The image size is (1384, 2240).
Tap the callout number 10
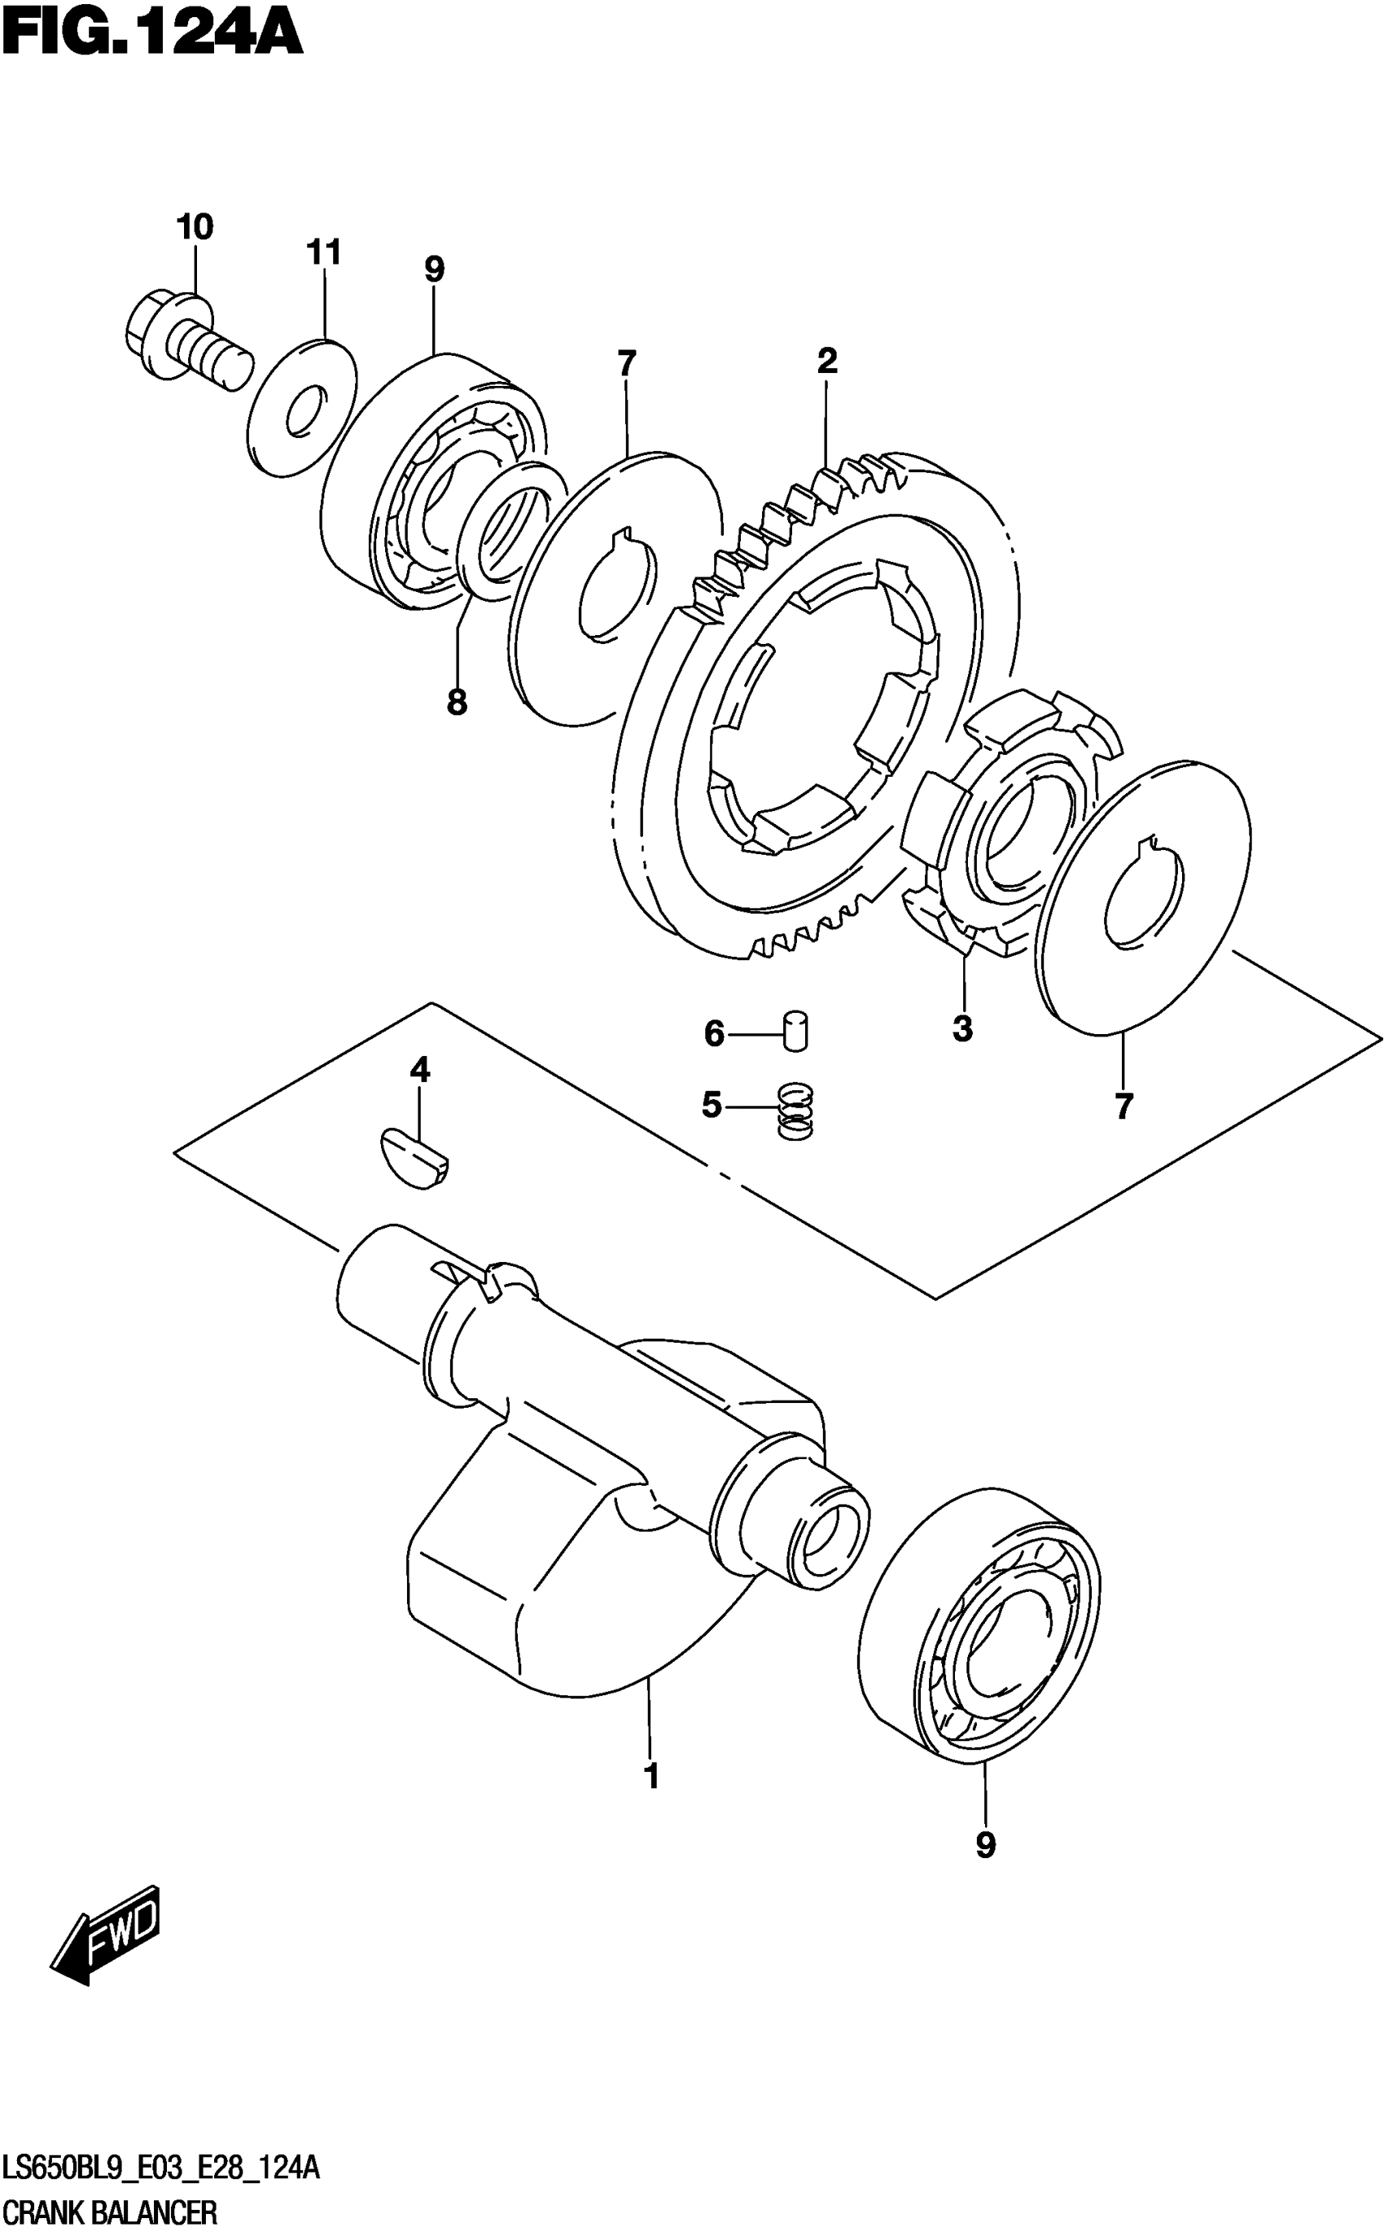pos(194,227)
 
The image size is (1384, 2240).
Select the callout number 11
pos(323,252)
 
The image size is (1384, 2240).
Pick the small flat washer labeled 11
pos(302,407)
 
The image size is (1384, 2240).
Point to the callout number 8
pos(457,702)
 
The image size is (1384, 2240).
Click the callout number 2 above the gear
pos(826,361)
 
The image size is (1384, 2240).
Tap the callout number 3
pos(962,1029)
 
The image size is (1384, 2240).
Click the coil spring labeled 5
pos(795,1111)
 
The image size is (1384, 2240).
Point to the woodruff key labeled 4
pos(415,1159)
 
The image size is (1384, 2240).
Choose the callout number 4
pos(419,1069)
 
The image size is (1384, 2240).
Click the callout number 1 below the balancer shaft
pos(652,1777)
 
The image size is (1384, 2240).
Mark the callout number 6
pos(714,1034)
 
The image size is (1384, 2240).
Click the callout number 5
pos(712,1105)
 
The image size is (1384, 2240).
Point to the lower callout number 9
pos(985,1844)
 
